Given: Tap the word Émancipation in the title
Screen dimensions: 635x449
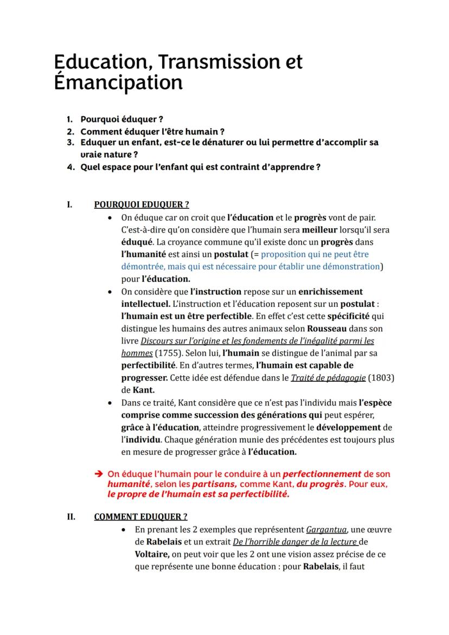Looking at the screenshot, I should [118, 82].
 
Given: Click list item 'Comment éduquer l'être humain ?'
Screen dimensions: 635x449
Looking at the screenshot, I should [152, 131].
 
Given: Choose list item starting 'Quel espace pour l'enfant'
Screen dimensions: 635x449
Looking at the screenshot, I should [200, 167].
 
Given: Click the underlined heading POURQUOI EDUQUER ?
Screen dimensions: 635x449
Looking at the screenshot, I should [142, 204].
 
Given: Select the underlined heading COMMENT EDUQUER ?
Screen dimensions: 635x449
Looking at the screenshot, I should [141, 516].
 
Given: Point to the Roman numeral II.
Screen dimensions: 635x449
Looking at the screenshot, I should [71, 516].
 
